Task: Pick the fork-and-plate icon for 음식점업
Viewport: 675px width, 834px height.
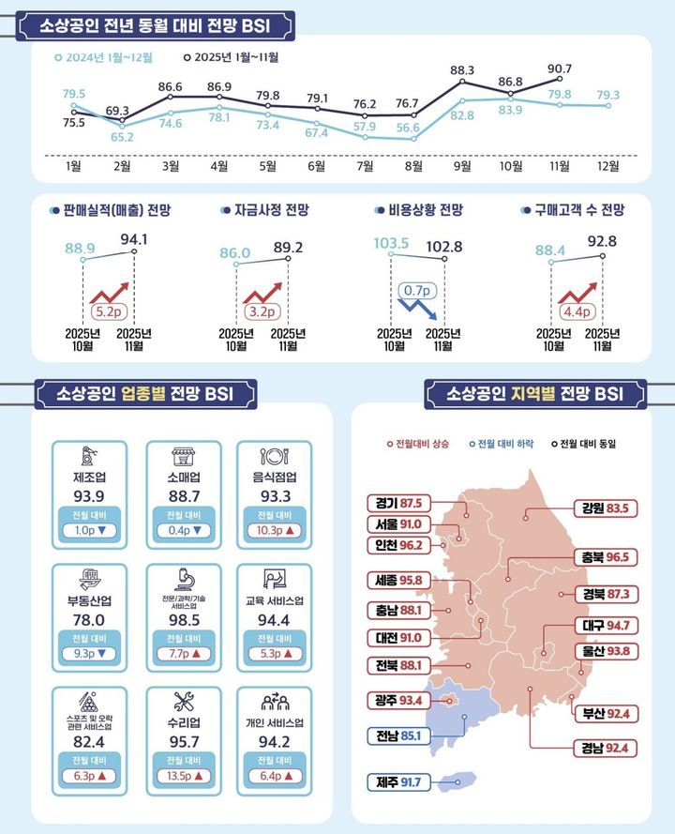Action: point(273,457)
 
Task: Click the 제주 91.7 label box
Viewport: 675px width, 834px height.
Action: point(398,781)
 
